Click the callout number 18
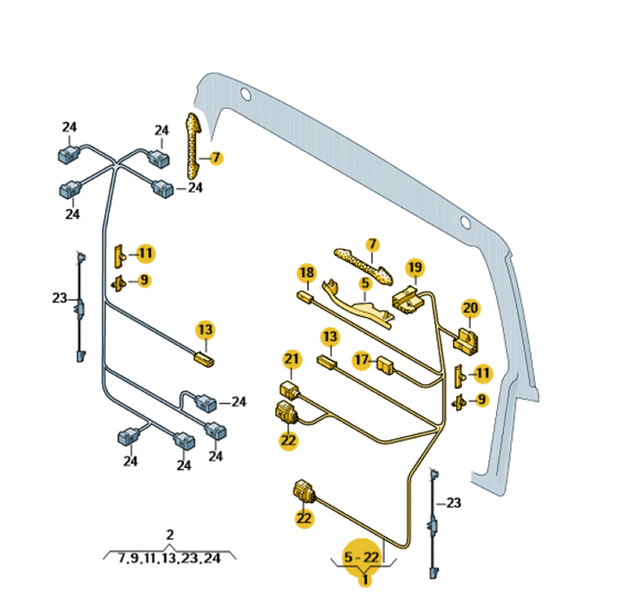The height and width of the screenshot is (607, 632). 307,273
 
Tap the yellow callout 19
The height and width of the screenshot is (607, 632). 415,267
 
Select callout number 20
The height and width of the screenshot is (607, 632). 470,309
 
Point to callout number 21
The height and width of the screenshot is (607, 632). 292,360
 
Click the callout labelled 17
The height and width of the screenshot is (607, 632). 362,361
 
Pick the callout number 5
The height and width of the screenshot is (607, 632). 365,283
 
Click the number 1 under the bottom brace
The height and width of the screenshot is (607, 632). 365,580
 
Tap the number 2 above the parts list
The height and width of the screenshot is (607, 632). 170,535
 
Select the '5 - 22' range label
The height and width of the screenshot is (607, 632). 361,557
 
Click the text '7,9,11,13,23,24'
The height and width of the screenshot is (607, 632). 169,558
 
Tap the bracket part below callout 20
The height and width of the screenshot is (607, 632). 466,339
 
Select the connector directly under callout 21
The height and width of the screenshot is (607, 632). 288,388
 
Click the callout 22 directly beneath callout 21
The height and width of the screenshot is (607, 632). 288,440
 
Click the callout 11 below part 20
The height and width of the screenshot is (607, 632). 481,373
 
